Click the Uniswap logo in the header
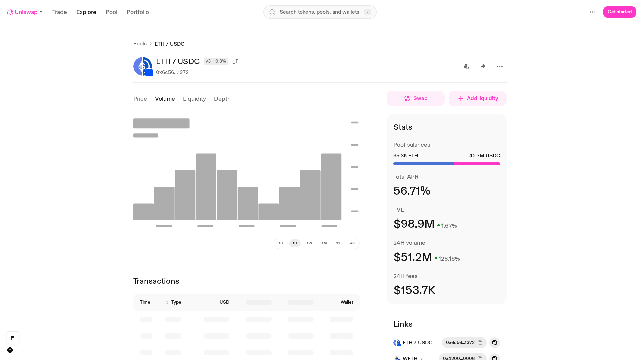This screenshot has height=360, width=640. point(10,12)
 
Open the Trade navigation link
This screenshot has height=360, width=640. point(60,12)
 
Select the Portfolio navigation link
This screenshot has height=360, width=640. point(138,12)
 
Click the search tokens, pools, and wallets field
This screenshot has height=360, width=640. point(320,12)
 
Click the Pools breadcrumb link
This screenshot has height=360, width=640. point(140,44)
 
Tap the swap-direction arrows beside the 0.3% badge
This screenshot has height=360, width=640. point(235,61)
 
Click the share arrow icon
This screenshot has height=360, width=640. point(483,66)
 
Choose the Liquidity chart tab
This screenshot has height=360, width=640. point(194,99)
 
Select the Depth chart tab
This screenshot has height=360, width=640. point(222,99)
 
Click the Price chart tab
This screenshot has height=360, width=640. point(140,99)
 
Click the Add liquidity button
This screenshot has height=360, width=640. point(478,98)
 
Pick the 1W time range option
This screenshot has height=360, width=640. point(309,243)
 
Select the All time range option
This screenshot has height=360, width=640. point(352,243)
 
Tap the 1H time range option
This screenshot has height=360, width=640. point(281,243)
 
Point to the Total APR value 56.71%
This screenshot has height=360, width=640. point(412,191)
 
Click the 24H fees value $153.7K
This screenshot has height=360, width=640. point(414,290)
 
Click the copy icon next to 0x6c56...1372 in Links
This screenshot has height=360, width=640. point(480,343)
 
